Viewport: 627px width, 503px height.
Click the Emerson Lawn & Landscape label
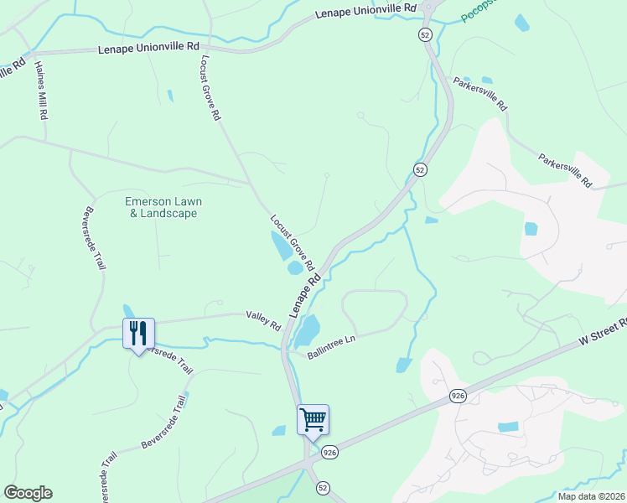(x=163, y=207)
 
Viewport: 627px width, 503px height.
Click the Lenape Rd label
(x=306, y=293)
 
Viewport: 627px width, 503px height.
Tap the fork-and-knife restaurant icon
(x=137, y=333)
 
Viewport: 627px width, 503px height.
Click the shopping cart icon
(x=313, y=418)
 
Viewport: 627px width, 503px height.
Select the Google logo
(x=28, y=493)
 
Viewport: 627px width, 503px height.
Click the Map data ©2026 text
(x=592, y=495)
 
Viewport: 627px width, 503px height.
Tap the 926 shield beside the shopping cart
(x=329, y=451)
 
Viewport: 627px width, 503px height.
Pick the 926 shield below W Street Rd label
(x=457, y=396)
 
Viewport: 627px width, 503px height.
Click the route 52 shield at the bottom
(x=324, y=487)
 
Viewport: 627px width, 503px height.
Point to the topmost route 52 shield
(x=426, y=34)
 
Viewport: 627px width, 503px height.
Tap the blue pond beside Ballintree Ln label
(x=308, y=331)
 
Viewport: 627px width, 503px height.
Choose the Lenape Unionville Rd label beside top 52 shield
(x=366, y=12)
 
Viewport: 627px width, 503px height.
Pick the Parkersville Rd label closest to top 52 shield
(x=480, y=95)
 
